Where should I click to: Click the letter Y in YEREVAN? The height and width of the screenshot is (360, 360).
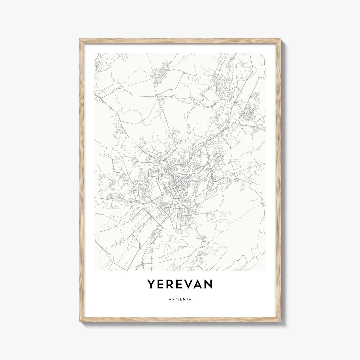click(x=152, y=284)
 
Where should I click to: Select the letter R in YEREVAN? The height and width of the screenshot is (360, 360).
click(x=171, y=284)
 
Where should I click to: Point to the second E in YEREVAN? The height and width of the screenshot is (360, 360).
click(x=181, y=284)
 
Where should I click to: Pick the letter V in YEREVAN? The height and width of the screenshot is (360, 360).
click(x=190, y=284)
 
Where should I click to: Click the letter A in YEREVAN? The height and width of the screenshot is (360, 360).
click(x=200, y=284)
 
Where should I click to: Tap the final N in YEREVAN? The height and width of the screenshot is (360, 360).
click(x=209, y=284)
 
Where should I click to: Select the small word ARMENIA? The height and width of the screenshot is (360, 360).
click(x=180, y=299)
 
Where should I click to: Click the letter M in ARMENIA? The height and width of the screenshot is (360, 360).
click(x=177, y=299)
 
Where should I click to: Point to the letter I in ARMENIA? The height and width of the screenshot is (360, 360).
click(x=187, y=299)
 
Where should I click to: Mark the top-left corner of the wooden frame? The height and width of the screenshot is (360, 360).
click(x=80, y=39)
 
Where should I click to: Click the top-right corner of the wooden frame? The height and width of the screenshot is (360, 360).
click(x=281, y=39)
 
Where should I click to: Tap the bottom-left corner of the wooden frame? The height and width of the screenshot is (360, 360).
click(x=80, y=322)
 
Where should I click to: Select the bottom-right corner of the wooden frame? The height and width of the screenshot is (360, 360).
click(x=281, y=322)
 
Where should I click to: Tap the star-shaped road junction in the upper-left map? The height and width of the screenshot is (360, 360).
click(x=156, y=96)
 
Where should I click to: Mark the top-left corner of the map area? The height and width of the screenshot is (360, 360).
click(x=95, y=53)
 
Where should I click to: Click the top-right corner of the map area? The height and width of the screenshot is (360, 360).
click(x=266, y=53)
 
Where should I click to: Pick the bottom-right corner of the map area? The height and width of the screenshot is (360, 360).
click(x=266, y=271)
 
